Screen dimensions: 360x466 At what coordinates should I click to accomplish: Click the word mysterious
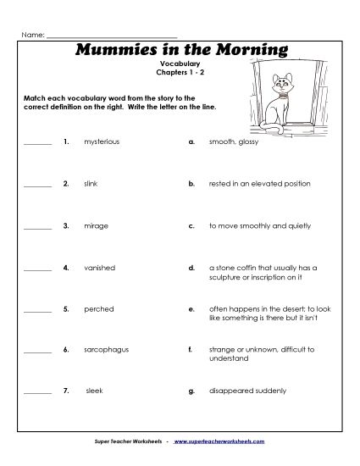tap(102, 141)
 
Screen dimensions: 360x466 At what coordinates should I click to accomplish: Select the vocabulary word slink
tap(91, 183)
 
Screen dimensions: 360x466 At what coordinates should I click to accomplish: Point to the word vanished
tap(98, 268)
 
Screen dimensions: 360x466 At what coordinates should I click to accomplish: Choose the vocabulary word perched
tap(98, 309)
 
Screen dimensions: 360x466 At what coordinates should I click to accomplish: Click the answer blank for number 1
tap(37, 143)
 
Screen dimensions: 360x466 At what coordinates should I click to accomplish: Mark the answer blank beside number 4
tap(37, 269)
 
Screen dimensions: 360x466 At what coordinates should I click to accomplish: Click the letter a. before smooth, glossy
tap(192, 141)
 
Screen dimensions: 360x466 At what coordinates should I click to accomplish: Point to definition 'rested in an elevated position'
tap(259, 183)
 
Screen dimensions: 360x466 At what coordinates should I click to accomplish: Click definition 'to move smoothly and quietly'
tap(259, 226)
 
